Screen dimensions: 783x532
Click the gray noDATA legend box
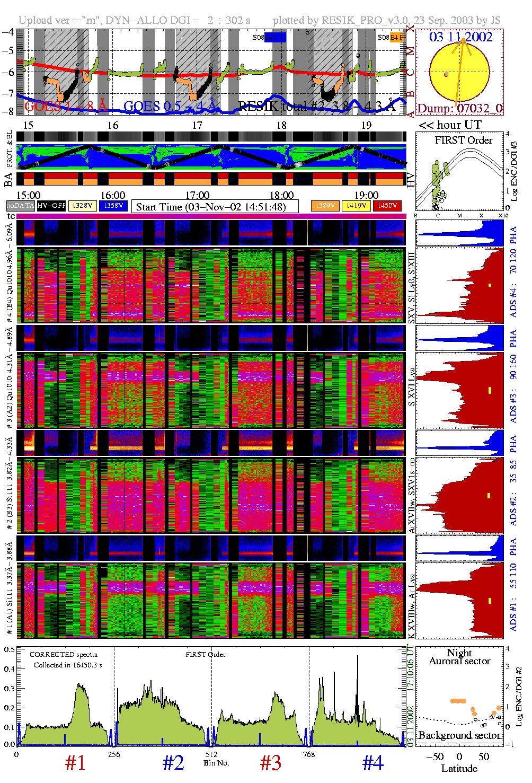coord(21,206)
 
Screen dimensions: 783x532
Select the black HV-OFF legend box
coord(51,206)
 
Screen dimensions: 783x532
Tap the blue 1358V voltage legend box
coord(113,206)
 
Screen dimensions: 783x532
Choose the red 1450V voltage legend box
coord(387,206)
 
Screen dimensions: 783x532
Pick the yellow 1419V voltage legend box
coord(357,206)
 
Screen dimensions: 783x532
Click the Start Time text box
coord(215,207)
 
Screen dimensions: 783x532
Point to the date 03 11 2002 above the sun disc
coord(460,37)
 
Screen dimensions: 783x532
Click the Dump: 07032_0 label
coord(459,109)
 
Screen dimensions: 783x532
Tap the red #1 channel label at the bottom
coord(75,763)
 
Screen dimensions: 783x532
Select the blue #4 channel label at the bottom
coord(373,763)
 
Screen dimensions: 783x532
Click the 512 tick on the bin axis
coord(211,754)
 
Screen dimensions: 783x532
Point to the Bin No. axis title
coord(216,763)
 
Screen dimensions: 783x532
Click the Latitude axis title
coord(459,769)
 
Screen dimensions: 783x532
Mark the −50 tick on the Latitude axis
coord(435,756)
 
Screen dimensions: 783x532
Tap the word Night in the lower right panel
coord(459,653)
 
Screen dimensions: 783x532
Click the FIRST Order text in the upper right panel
coord(464,140)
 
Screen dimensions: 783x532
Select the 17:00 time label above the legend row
coord(197,195)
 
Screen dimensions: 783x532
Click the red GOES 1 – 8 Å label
coord(66,107)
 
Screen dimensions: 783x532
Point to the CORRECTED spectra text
coord(63,655)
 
